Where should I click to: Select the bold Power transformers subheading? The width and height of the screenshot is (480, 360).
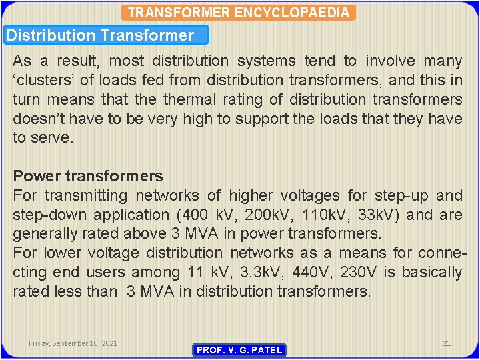tap(88, 176)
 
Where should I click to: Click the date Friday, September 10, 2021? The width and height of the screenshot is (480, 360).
tap(73, 343)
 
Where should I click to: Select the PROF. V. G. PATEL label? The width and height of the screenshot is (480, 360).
tap(239, 350)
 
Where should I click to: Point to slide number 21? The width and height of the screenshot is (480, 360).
tap(447, 343)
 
